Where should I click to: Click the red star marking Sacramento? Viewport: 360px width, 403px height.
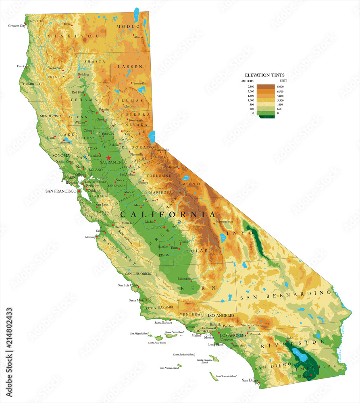coord(109,158)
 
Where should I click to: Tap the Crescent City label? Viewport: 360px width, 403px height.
coord(17,26)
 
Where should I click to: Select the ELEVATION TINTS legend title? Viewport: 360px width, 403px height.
coord(265,75)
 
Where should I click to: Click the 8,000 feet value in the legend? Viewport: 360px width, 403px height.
coord(281,87)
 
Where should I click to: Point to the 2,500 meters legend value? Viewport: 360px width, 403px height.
coord(250,87)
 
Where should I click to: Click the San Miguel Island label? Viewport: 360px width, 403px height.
coord(139,334)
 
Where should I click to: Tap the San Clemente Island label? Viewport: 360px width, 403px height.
coord(226,376)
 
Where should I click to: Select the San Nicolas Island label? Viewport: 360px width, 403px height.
coord(169,368)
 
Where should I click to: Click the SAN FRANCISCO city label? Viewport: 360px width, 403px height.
coord(61,191)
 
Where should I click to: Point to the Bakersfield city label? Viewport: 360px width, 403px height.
coord(185,278)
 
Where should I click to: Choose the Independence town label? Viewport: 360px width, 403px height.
coord(224,222)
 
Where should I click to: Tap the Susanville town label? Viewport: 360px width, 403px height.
coord(140,83)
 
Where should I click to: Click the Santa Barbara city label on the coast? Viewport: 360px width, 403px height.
coord(163,322)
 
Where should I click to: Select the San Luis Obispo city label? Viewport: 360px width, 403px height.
coord(128,285)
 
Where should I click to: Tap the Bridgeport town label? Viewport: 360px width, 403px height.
coord(171,166)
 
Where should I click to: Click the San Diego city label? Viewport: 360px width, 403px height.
coord(249,380)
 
